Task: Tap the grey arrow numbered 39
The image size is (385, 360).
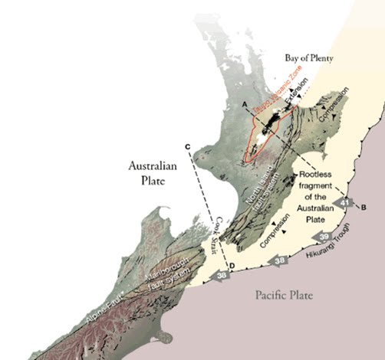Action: [324, 236]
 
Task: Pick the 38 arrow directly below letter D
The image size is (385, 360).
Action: [222, 274]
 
